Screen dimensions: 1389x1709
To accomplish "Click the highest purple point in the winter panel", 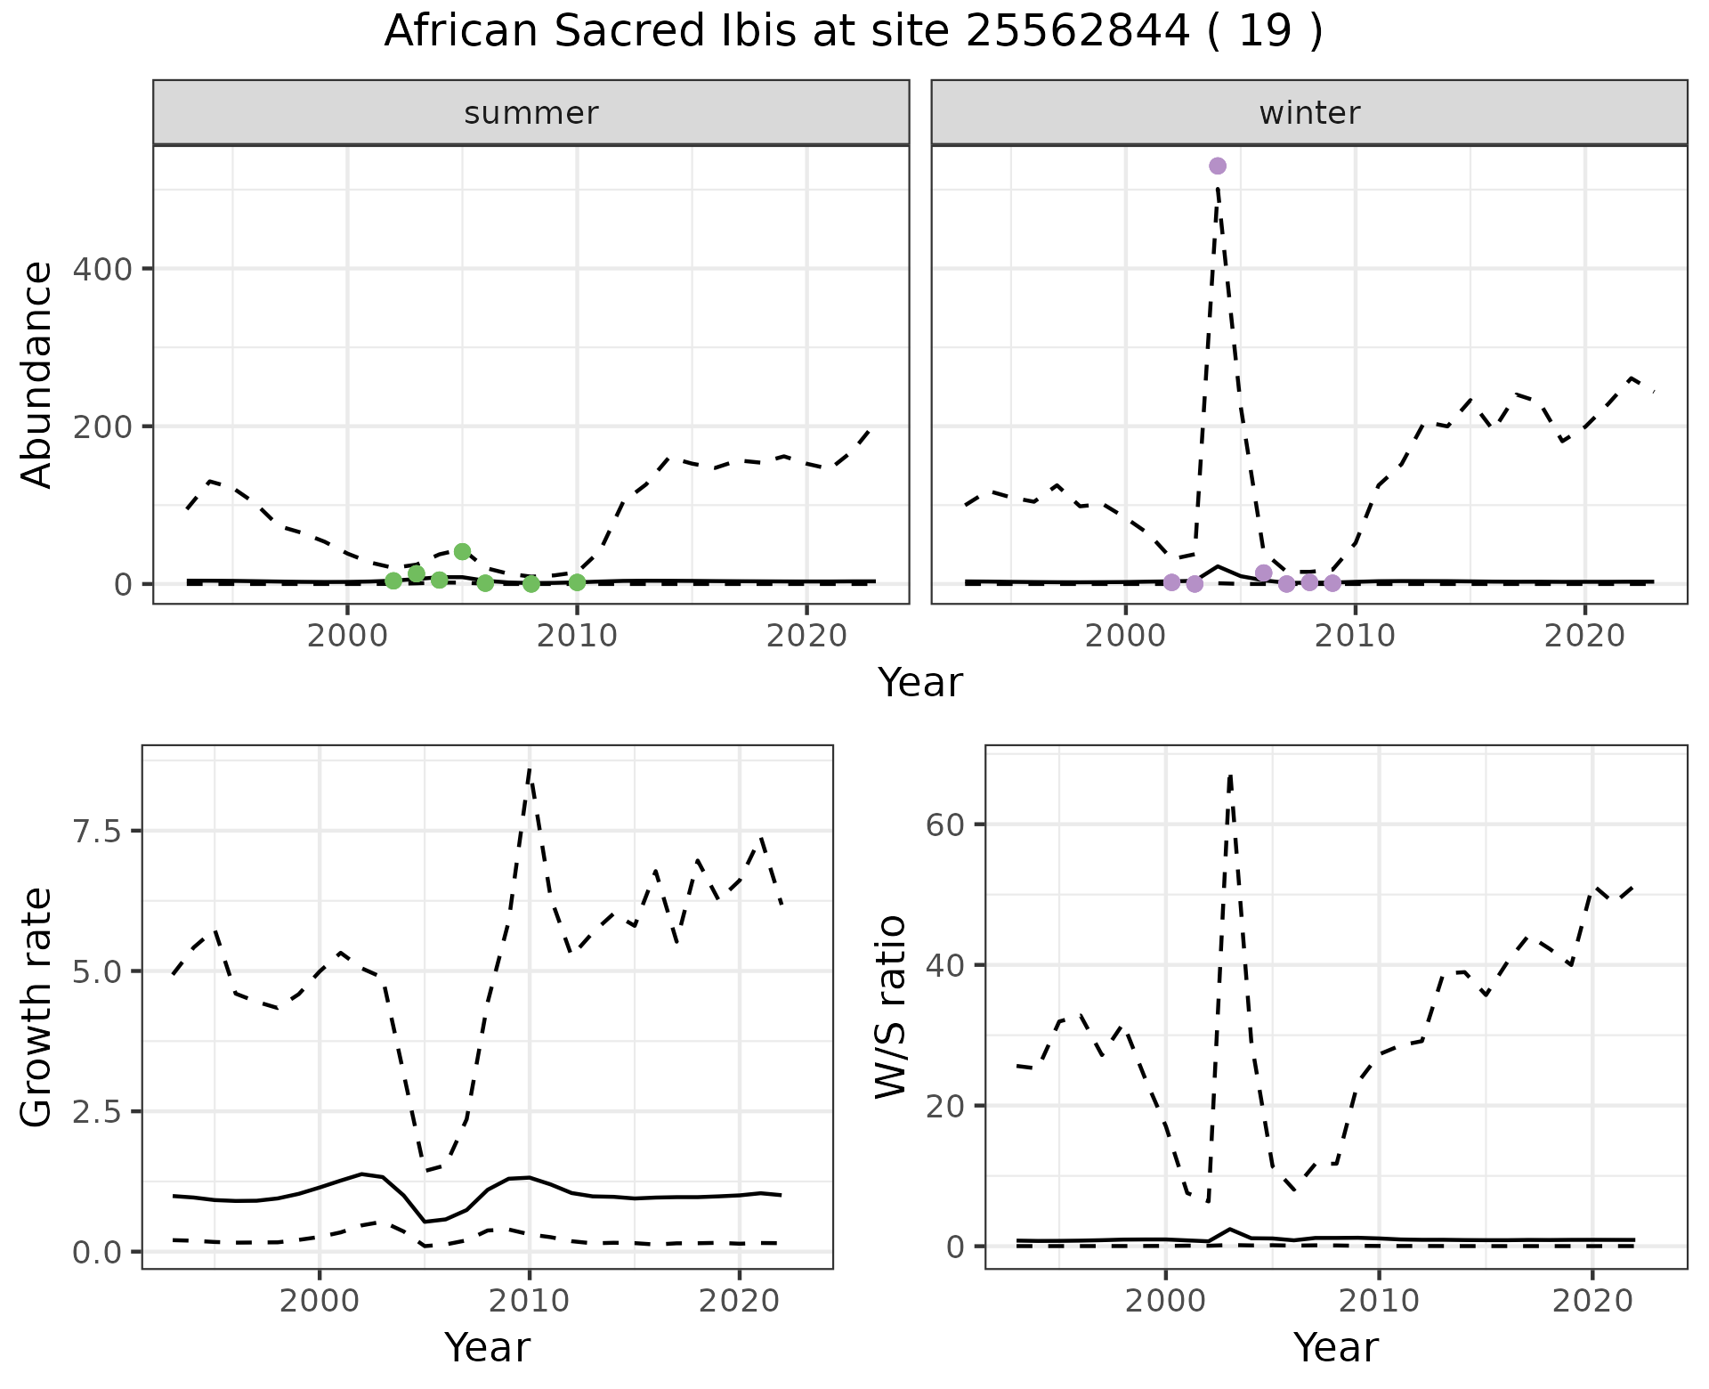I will [x=1218, y=166].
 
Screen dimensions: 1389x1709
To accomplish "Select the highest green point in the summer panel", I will [x=462, y=552].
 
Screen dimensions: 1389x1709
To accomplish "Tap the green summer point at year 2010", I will [x=577, y=582].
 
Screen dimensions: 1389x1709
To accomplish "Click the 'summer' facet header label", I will [x=531, y=113].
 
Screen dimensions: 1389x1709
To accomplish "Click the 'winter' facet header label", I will [x=1309, y=113].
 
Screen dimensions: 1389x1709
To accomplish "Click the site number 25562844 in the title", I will [x=1077, y=32].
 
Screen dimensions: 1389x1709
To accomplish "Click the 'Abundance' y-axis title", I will [x=37, y=374].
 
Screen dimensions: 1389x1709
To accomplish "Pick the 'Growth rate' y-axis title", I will [x=37, y=1008].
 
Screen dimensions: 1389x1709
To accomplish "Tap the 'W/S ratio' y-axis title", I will [x=891, y=1008].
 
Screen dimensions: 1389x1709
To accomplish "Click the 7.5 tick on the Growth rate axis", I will [x=100, y=831].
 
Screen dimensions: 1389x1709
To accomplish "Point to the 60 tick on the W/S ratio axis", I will [x=945, y=824].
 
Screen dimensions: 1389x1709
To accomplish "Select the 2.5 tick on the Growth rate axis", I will [x=100, y=1111].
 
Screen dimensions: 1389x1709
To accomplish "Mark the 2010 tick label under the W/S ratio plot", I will [x=1379, y=1301].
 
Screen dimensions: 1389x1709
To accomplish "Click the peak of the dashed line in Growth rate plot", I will [x=530, y=769].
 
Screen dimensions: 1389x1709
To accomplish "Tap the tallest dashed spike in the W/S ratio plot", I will [x=1230, y=775].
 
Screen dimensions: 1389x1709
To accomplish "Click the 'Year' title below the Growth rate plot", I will [x=487, y=1347].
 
